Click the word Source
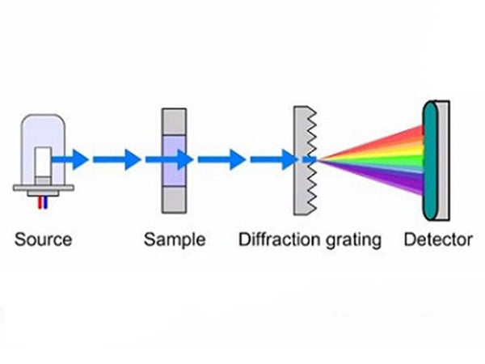43,240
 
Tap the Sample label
175,240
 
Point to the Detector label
437,240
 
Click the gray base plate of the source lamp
44,188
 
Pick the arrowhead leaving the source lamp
78,159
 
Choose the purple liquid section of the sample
175,159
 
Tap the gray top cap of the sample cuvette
175,120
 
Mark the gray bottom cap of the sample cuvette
175,198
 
